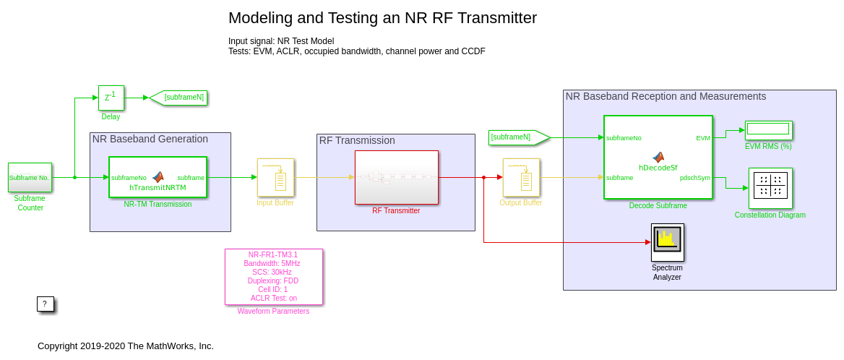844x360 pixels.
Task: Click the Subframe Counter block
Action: click(x=30, y=177)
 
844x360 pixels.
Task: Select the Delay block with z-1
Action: click(x=111, y=98)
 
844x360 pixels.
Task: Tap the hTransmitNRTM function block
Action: click(x=158, y=177)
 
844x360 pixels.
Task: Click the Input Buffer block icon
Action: click(x=275, y=177)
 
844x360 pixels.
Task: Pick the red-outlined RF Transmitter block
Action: click(x=396, y=177)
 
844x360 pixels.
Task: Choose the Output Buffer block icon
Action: click(x=521, y=177)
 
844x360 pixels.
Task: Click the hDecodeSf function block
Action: click(x=658, y=157)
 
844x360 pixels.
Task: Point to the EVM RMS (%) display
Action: click(x=768, y=129)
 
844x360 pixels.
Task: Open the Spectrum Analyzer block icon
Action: click(x=667, y=242)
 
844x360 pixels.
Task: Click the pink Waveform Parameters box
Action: click(x=274, y=277)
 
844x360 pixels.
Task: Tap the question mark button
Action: click(x=45, y=304)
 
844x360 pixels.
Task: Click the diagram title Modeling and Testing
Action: click(x=382, y=18)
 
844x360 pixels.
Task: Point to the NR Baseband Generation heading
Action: click(x=150, y=139)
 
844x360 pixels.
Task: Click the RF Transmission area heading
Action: click(x=357, y=140)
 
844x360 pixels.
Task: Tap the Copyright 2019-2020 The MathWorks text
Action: click(x=126, y=346)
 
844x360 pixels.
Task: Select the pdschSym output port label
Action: click(x=694, y=177)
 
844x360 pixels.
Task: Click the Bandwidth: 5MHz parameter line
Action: click(x=274, y=263)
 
